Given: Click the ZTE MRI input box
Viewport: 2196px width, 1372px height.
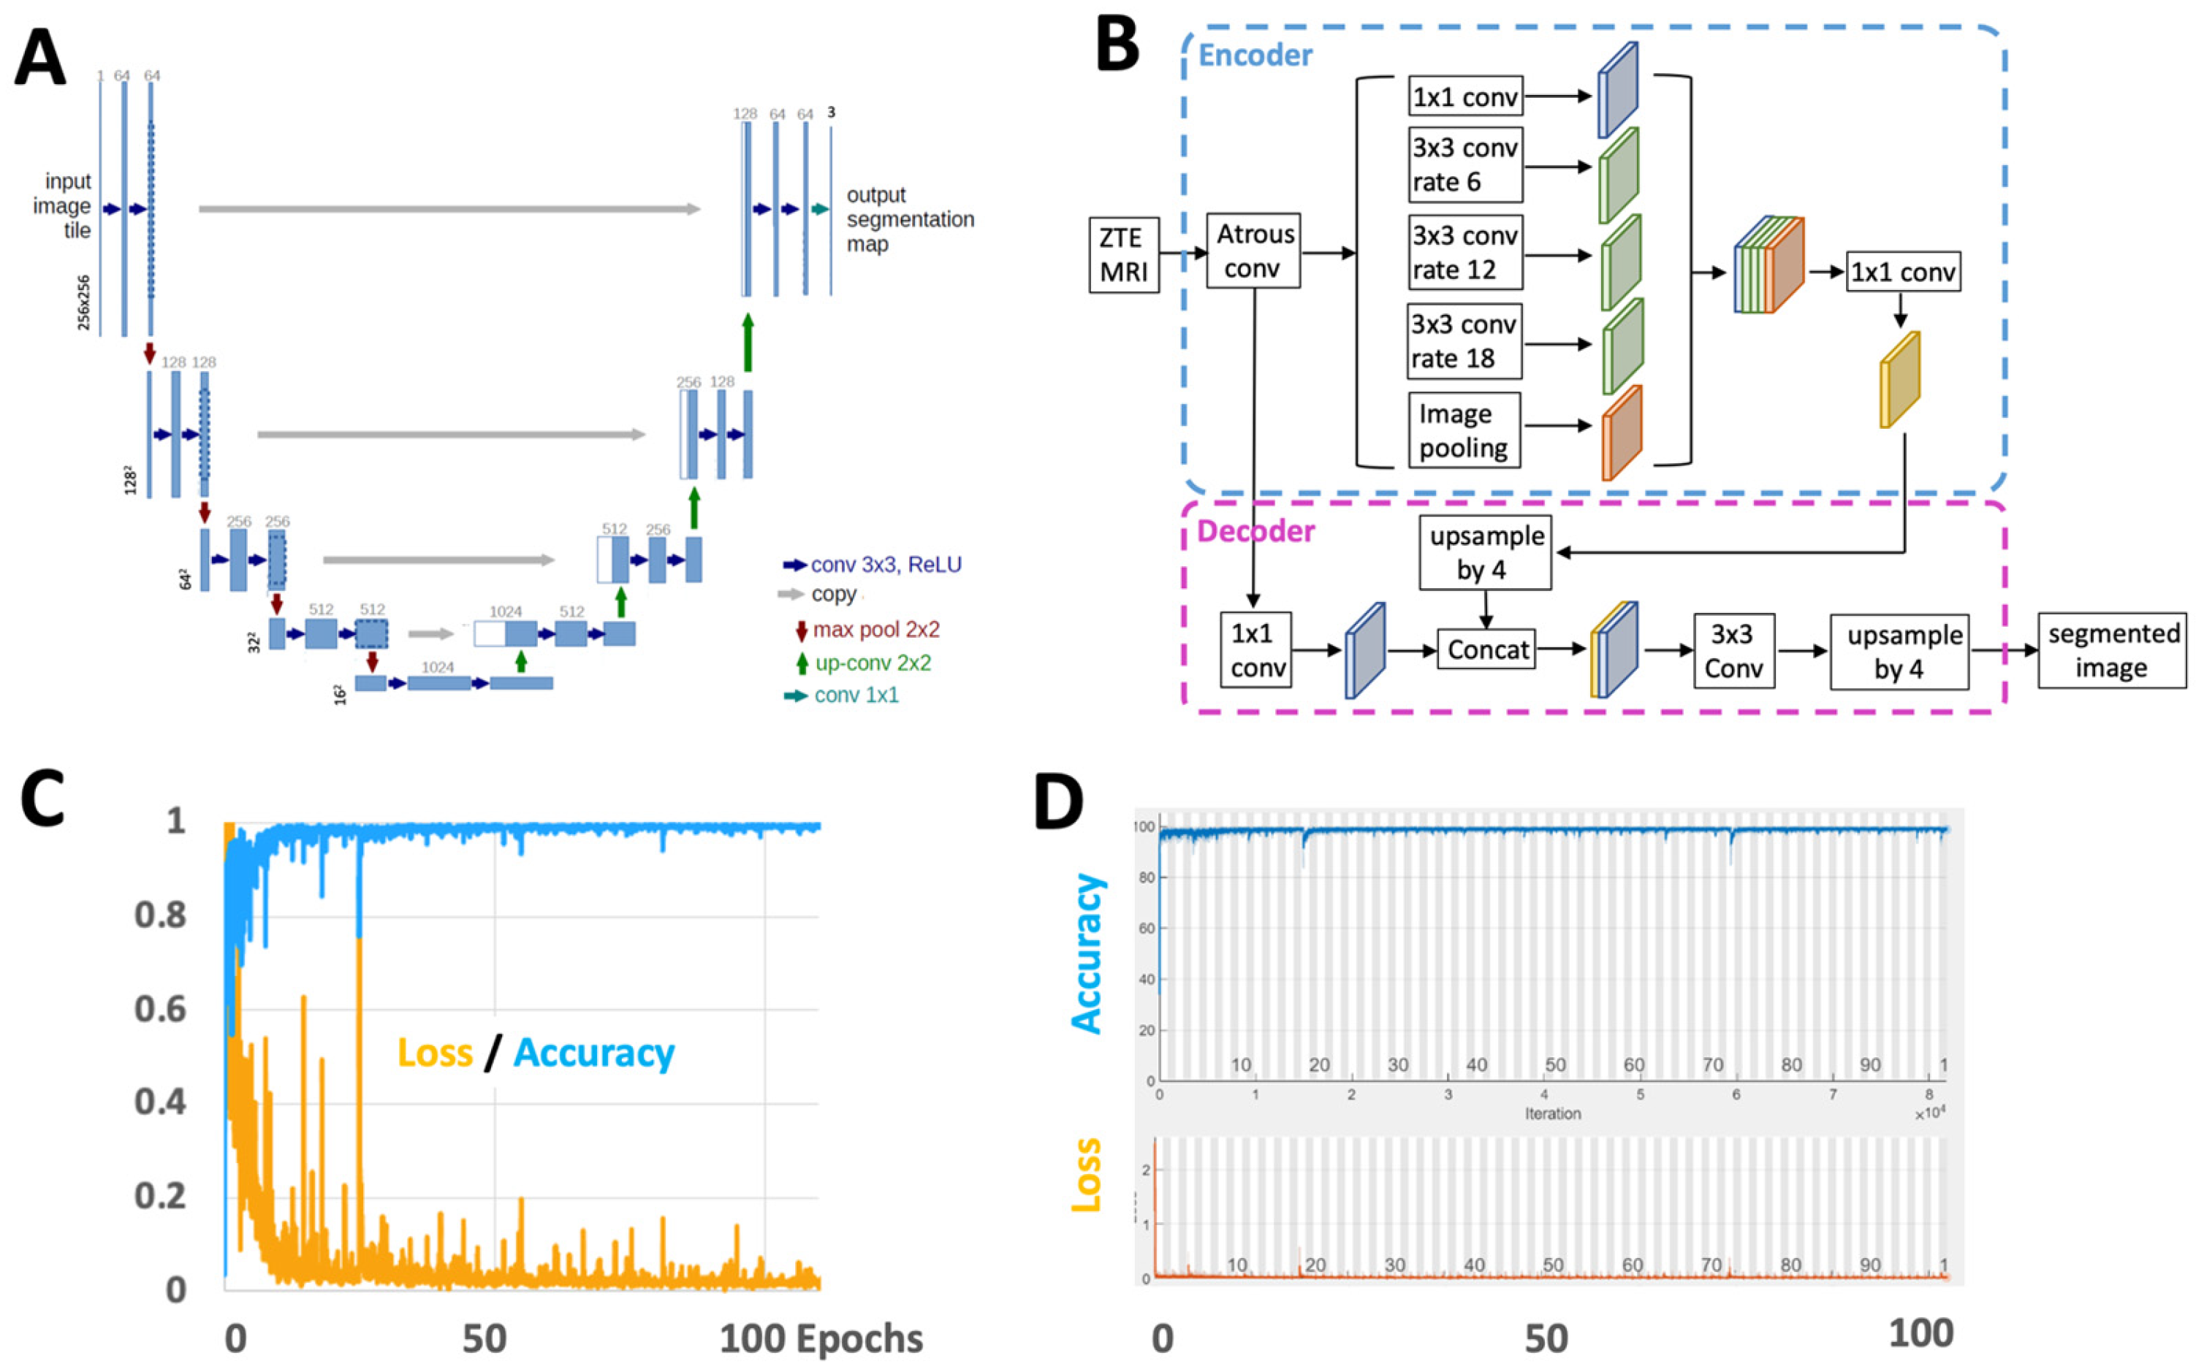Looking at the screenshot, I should pyautogui.click(x=1123, y=254).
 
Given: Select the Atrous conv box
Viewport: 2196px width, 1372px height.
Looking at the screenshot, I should pyautogui.click(x=1253, y=251).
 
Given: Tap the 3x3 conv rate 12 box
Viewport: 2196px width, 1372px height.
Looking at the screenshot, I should pyautogui.click(x=1464, y=252).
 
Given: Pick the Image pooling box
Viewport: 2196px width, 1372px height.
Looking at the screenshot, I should pyautogui.click(x=1464, y=430).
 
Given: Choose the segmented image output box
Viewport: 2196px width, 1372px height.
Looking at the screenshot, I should pyautogui.click(x=2113, y=651).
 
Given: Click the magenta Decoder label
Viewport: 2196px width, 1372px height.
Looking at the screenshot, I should pyautogui.click(x=1256, y=531).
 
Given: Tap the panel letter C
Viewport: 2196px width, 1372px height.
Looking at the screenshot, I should pyautogui.click(x=42, y=799).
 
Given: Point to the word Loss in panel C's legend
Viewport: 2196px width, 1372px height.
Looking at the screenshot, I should pyautogui.click(x=436, y=1053).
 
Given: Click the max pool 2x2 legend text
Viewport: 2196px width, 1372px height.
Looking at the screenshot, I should pyautogui.click(x=875, y=630).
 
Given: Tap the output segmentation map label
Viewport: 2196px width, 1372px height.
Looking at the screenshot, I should pyautogui.click(x=909, y=220).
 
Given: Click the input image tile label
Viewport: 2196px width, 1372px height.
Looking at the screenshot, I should pyautogui.click(x=64, y=206).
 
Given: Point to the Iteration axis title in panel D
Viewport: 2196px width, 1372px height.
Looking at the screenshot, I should pyautogui.click(x=1553, y=1113).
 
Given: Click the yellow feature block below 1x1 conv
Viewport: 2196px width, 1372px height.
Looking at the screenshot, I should pyautogui.click(x=1899, y=379).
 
